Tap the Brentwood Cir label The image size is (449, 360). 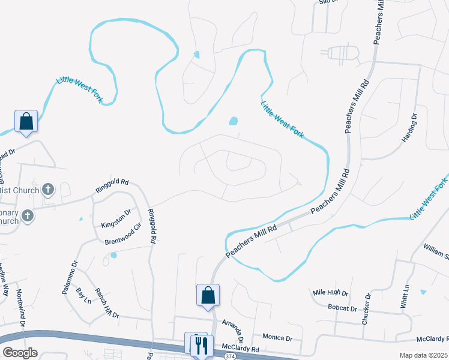click(x=122, y=234)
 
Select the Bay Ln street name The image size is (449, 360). click(x=83, y=295)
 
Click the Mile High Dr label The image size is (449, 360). click(x=331, y=293)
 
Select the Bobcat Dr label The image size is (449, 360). click(x=343, y=308)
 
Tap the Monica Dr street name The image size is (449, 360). click(x=277, y=338)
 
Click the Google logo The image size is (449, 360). click(x=20, y=352)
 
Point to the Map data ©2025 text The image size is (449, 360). click(x=423, y=355)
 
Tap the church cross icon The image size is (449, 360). click(x=48, y=190)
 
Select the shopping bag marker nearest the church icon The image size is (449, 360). click(x=26, y=122)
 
